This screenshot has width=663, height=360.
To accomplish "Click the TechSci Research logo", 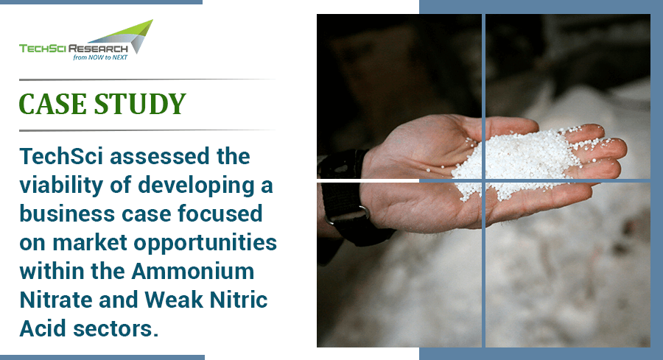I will (x=85, y=43).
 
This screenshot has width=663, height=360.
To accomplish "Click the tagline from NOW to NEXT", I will (x=100, y=55).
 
